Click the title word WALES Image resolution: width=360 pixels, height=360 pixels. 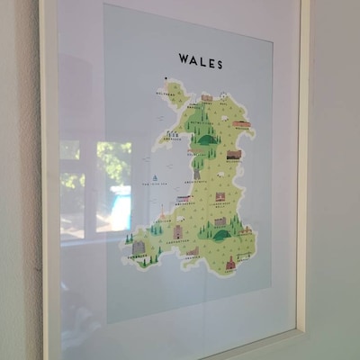[x=200, y=61]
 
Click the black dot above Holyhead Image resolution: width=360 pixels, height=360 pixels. [x=166, y=78]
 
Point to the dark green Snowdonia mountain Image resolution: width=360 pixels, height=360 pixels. [x=206, y=138]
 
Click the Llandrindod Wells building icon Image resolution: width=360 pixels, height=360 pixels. [x=220, y=196]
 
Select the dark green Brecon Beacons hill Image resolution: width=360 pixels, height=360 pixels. [x=221, y=235]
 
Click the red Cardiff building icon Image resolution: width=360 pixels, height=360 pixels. [x=230, y=264]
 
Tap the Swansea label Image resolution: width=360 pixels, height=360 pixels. [x=193, y=256]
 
